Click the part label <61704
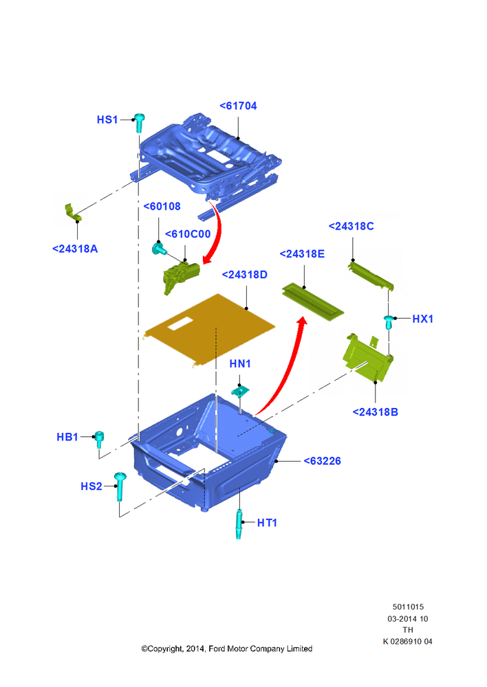point(238,106)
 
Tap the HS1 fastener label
point(107,120)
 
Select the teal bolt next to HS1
point(140,123)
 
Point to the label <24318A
point(75,249)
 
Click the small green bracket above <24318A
point(73,212)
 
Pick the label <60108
point(162,206)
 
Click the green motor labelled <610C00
point(180,277)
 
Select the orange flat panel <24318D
point(210,330)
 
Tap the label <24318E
point(302,254)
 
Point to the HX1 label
point(422,319)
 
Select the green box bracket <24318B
point(368,357)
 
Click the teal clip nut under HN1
point(240,391)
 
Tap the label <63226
point(323,461)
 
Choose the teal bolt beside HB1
point(100,439)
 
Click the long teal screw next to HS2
point(120,486)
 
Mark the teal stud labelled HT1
point(239,524)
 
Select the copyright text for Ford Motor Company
point(226,649)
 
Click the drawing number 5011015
point(408,607)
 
